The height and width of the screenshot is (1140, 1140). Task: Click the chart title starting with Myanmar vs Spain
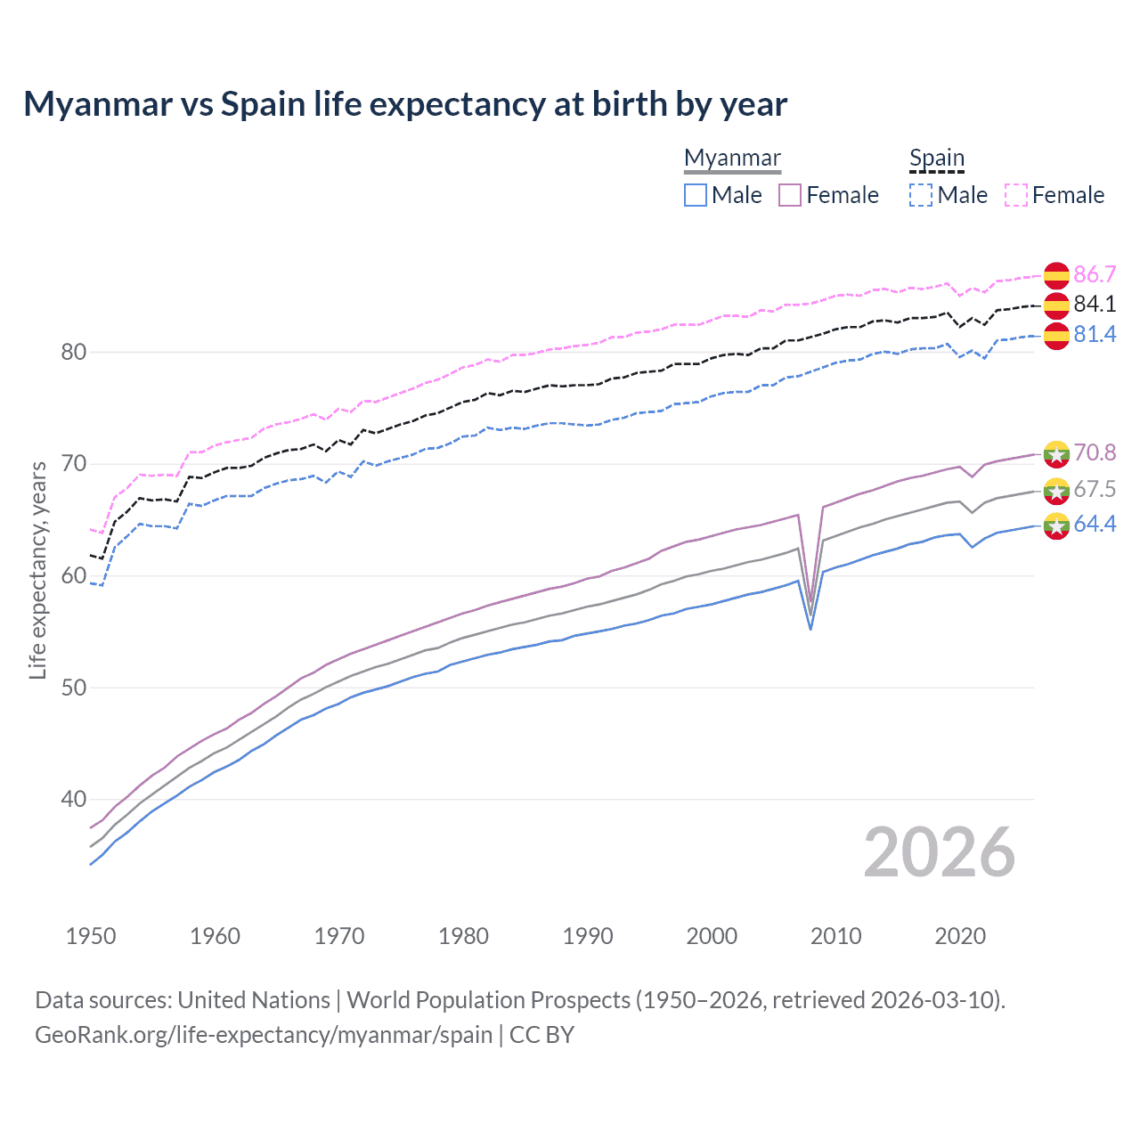[x=405, y=104]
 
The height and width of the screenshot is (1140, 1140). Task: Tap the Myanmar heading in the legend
[x=732, y=158]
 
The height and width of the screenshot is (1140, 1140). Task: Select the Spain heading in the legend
[x=936, y=158]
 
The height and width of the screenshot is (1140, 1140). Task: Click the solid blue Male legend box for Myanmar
[x=696, y=195]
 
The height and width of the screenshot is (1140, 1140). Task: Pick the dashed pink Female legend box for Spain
[x=1016, y=195]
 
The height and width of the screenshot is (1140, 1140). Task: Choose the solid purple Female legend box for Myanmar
[x=790, y=195]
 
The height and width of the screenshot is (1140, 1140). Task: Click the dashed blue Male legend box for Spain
[x=921, y=195]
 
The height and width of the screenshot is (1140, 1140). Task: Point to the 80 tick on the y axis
[x=73, y=352]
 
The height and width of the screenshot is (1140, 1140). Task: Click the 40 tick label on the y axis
[x=73, y=799]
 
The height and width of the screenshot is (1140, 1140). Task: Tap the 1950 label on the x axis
[x=91, y=936]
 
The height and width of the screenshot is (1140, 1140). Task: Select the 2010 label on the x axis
[x=835, y=936]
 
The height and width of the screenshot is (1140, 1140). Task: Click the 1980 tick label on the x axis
[x=463, y=936]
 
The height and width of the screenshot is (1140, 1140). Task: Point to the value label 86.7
[x=1095, y=274]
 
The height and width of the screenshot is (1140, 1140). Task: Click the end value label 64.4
[x=1095, y=525]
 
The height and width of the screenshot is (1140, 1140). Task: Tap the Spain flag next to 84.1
[x=1056, y=305]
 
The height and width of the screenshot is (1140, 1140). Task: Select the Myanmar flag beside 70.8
[x=1056, y=453]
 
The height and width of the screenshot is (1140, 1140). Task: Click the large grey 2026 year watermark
[x=940, y=852]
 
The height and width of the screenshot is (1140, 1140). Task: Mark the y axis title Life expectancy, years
[x=37, y=570]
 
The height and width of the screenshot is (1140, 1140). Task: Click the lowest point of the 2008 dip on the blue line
[x=810, y=629]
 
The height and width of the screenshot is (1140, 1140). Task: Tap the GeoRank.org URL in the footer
[x=264, y=1035]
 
